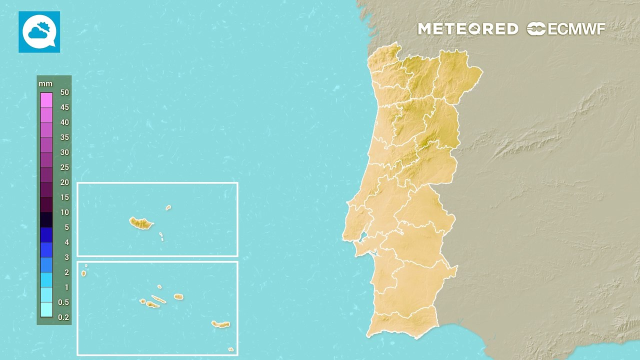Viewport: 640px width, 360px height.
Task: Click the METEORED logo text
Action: [x=468, y=29]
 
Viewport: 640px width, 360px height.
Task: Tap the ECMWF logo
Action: [x=566, y=29]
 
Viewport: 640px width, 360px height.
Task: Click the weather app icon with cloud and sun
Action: [x=39, y=32]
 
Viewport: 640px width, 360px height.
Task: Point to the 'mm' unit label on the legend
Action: [x=45, y=84]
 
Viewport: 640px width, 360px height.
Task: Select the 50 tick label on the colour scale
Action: [x=64, y=92]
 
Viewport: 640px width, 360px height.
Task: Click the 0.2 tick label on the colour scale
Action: [x=63, y=317]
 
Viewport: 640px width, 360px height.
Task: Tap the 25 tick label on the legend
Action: [x=64, y=167]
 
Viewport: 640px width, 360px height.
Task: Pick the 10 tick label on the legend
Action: [x=64, y=212]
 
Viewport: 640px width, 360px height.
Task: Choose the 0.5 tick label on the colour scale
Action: [x=63, y=302]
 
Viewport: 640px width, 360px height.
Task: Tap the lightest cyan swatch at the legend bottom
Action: [x=46, y=310]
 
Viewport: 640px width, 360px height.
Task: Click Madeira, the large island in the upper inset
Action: [x=140, y=223]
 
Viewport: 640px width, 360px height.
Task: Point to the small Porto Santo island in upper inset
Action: [x=168, y=207]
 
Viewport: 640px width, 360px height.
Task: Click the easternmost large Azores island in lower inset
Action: [x=220, y=324]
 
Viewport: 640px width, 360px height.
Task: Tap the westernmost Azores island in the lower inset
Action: [x=83, y=273]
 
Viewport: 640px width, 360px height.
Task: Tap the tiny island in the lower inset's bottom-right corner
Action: [x=230, y=349]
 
